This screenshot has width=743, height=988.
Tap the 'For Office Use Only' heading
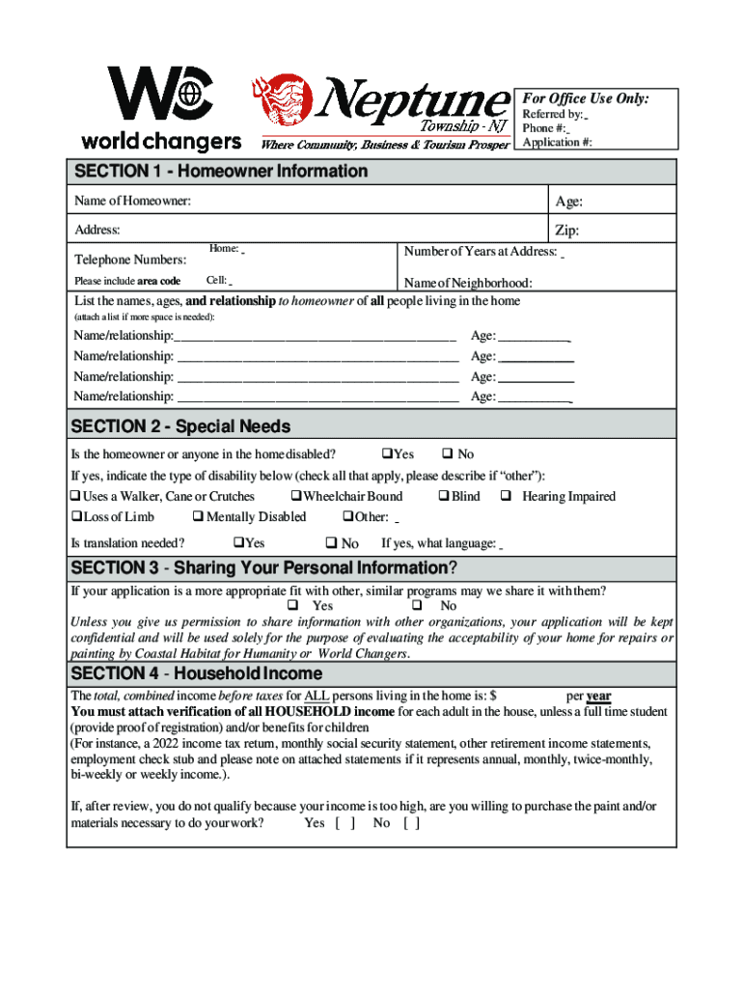[586, 98]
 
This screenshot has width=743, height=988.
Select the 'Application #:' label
[557, 143]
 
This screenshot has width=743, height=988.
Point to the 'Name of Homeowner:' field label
[132, 201]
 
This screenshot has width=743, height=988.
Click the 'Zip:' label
[567, 231]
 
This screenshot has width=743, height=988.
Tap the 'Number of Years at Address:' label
[481, 252]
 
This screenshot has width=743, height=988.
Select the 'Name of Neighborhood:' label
[468, 283]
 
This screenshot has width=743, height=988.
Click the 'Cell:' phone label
[216, 281]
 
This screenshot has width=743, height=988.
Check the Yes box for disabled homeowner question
[387, 454]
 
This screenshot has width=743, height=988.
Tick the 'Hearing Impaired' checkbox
[505, 497]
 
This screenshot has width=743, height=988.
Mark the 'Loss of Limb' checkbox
[76, 517]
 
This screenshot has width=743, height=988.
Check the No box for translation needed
[330, 544]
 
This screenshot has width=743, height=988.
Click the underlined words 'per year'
[588, 696]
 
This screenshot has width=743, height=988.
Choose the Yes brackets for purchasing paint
[345, 823]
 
